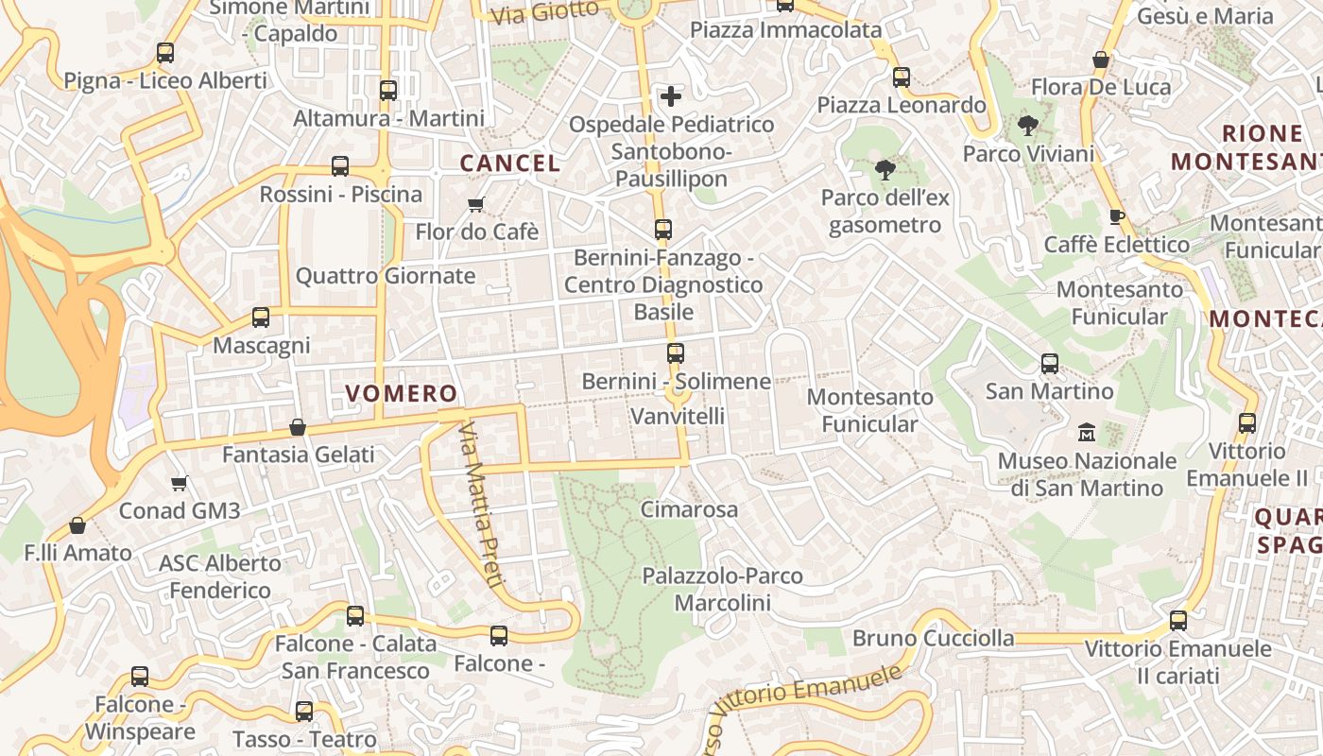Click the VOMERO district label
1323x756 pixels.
[401, 393]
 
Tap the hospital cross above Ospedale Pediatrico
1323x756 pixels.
[670, 95]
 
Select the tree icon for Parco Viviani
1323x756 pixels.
[1027, 125]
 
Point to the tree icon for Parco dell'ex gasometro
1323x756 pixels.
[885, 170]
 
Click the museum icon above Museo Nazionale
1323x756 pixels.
[1087, 432]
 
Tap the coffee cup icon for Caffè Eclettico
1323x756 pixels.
[1116, 216]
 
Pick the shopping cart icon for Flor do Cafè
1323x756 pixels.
[476, 204]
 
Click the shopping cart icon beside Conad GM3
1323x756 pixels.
[179, 483]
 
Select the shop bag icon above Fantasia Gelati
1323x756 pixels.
[298, 427]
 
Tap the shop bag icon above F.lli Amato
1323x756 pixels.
[77, 525]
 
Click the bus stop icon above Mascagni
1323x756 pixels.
[261, 318]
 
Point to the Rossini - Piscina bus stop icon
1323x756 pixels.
[340, 166]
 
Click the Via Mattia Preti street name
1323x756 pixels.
[479, 505]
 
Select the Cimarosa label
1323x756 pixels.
[689, 509]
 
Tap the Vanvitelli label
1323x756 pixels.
[678, 416]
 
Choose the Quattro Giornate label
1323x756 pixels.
[386, 276]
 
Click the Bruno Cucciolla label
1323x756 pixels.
[933, 638]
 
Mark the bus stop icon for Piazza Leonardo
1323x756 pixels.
[902, 77]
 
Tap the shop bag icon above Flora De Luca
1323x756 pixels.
[1100, 60]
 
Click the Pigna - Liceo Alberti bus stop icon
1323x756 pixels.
[165, 53]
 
